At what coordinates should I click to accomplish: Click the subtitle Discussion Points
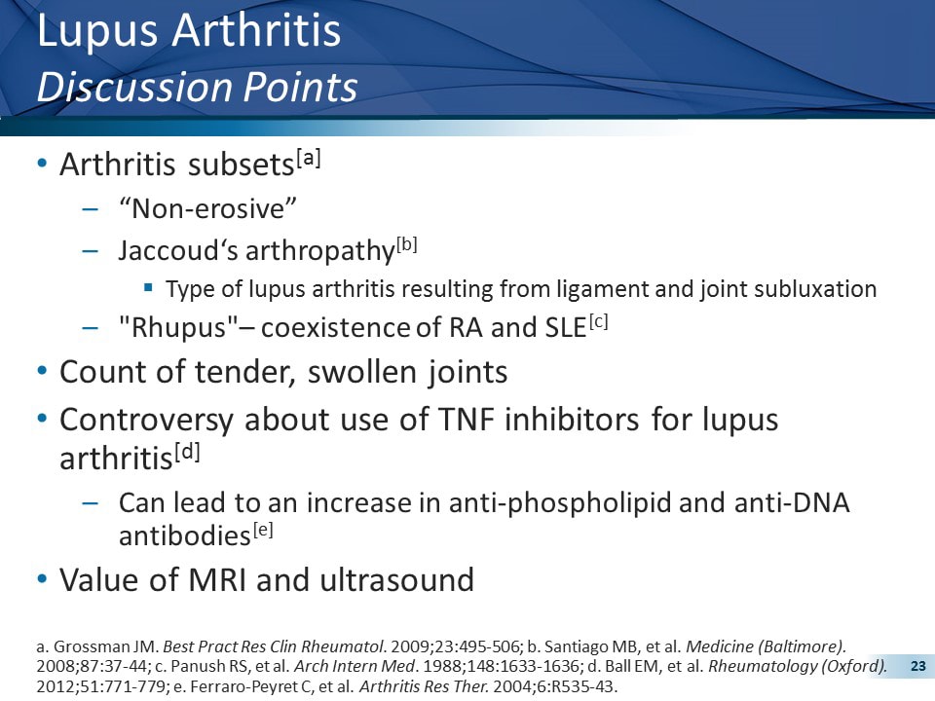197,88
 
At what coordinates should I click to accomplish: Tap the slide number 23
916,667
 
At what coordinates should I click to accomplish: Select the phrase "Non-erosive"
206,208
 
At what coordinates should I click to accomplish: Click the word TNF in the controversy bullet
450,420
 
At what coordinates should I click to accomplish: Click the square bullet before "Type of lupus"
148,288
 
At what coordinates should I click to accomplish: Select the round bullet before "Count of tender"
41,371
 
